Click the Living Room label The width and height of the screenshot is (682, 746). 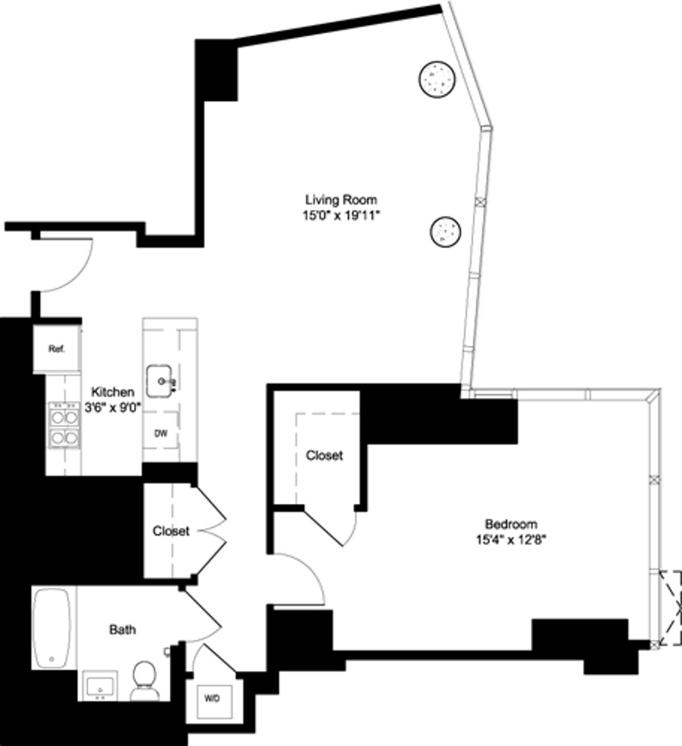(x=341, y=200)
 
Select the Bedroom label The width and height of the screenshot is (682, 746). (x=510, y=524)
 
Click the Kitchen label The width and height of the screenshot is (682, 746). (x=113, y=392)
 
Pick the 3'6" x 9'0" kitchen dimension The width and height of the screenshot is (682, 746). (x=113, y=407)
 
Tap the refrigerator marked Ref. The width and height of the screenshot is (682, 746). (x=57, y=349)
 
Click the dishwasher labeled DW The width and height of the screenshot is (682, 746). (x=161, y=433)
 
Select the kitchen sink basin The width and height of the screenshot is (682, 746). (x=161, y=381)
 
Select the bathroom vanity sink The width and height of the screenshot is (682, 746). (x=100, y=687)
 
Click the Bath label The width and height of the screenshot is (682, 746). (x=123, y=629)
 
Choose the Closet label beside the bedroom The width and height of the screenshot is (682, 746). (x=325, y=455)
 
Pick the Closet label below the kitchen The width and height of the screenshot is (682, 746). (x=170, y=531)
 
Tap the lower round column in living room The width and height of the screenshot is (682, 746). (x=444, y=231)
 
